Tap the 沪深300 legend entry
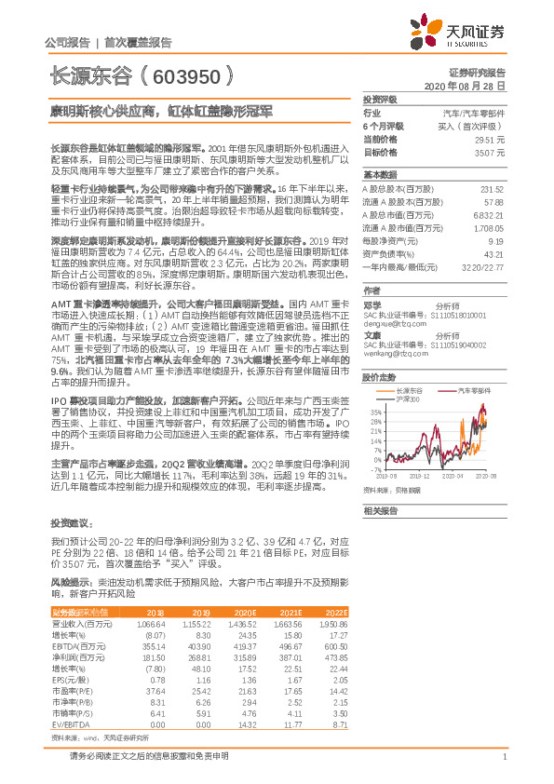(x=408, y=372)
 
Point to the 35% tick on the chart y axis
(x=375, y=384)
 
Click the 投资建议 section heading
(x=67, y=523)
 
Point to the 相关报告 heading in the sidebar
(x=380, y=511)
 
